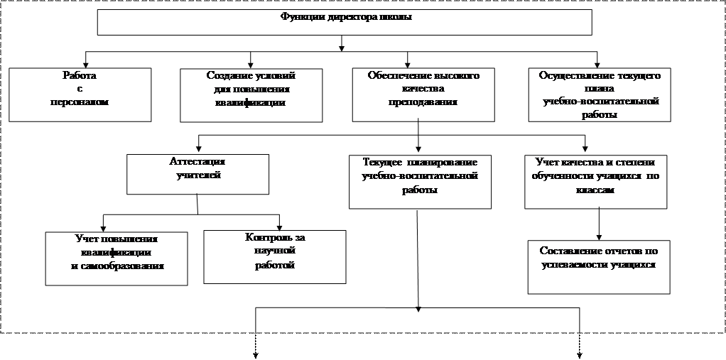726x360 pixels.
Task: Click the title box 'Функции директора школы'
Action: [x=345, y=22]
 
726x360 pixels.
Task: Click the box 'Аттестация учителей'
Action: [x=198, y=174]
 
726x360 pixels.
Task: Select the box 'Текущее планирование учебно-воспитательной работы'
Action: [x=420, y=180]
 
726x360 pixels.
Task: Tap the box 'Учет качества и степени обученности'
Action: [x=598, y=180]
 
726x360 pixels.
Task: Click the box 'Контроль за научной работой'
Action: [x=275, y=256]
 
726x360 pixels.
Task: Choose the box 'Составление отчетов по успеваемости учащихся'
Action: [x=599, y=266]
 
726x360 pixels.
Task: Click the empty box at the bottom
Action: [x=418, y=320]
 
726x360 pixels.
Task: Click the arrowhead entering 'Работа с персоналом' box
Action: [x=87, y=65]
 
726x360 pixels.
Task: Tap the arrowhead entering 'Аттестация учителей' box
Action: [x=198, y=151]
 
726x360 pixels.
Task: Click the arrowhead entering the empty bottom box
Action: [x=420, y=309]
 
